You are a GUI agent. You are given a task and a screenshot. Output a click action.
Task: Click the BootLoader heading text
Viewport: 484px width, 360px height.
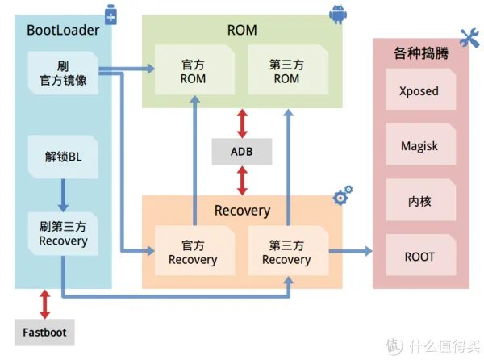coord(63,31)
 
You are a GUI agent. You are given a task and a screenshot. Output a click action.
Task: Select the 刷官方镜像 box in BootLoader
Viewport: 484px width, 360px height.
coord(63,73)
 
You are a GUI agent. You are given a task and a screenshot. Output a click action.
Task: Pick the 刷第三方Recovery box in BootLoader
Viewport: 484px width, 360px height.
coord(62,233)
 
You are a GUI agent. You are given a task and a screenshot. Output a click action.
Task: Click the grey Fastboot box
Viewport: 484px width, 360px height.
coord(45,332)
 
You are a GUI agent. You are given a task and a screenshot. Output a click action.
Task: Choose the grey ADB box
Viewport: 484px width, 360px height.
coord(242,151)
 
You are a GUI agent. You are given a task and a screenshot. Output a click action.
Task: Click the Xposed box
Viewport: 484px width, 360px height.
coord(419,91)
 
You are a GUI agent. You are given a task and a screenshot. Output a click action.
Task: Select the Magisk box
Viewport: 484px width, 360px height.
coord(419,146)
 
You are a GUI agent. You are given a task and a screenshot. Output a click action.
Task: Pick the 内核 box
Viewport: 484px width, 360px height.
coord(419,202)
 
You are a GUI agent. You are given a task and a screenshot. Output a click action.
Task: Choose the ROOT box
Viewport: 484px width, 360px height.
coord(419,257)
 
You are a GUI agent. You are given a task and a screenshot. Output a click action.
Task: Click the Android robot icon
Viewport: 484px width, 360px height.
coord(336,14)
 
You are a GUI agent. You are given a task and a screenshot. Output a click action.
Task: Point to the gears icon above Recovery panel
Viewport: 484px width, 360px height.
coord(343,196)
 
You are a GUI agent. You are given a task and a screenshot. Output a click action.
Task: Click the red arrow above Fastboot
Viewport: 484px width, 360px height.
coord(45,303)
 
